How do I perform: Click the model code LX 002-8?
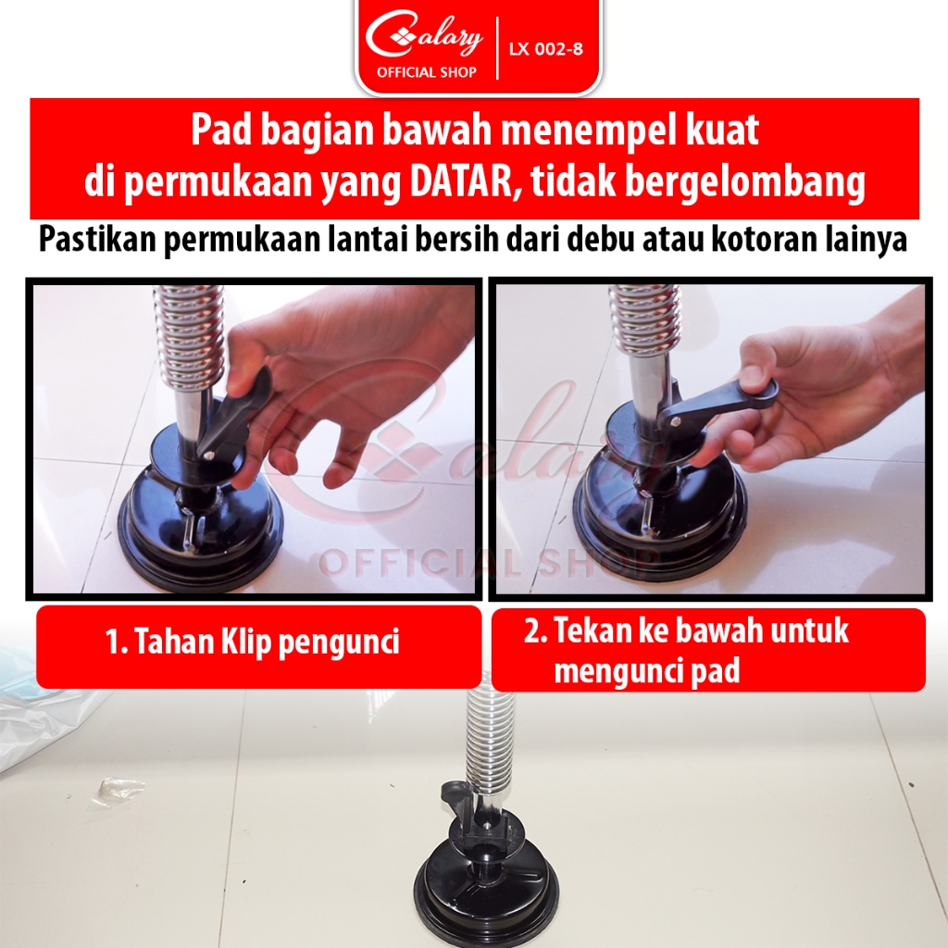point(545,48)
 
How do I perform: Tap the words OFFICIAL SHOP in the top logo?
point(426,72)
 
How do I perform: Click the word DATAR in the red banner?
point(461,181)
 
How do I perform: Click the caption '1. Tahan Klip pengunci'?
point(252,642)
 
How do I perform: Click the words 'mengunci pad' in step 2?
point(647,670)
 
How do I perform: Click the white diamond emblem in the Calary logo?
point(400,37)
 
